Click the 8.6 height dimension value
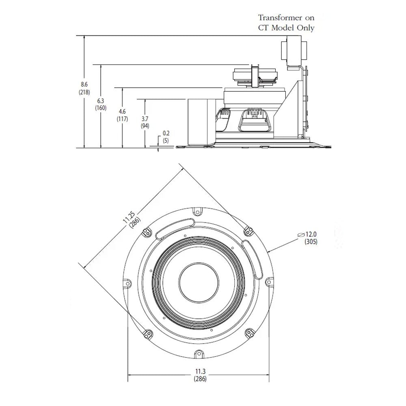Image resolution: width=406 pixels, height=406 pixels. point(84,84)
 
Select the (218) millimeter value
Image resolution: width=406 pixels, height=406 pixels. point(84,92)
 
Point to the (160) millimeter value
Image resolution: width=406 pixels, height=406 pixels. point(100,108)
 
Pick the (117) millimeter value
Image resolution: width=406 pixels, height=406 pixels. point(122,119)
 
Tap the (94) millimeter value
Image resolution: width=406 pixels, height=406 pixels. point(144,126)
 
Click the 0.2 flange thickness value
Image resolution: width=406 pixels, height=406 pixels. point(166,133)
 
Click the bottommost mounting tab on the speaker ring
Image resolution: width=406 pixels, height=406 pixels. point(198,354)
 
